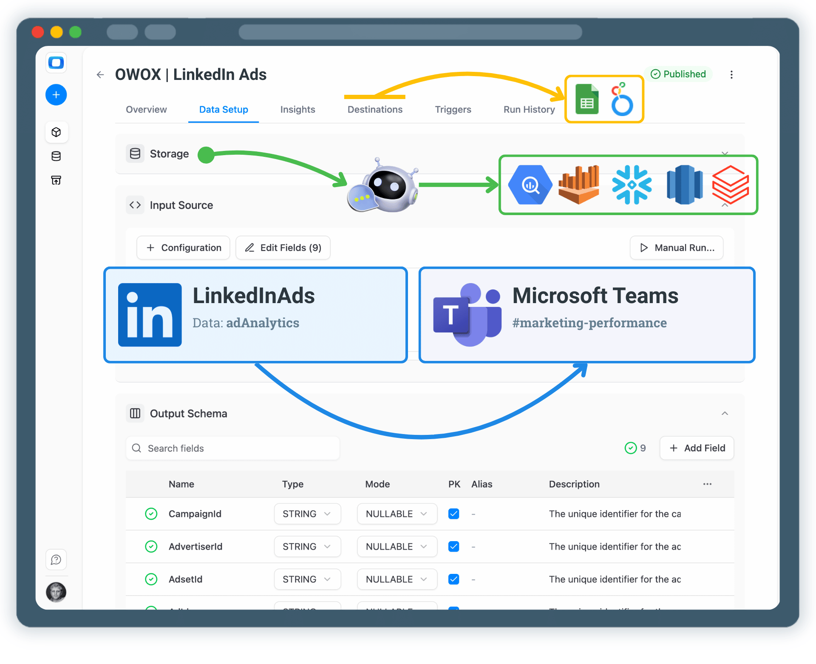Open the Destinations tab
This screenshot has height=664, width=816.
[375, 110]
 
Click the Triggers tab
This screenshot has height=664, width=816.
[453, 110]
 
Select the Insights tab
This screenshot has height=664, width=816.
[297, 110]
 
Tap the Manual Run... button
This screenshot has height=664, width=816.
[677, 248]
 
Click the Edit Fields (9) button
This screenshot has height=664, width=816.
[283, 248]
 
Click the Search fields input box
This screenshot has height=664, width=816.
[233, 448]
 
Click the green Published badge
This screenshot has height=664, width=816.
[679, 74]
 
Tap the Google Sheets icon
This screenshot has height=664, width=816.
[587, 99]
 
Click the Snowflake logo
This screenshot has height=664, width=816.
[632, 185]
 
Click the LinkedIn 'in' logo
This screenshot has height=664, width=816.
[150, 315]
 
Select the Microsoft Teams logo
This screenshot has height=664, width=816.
[467, 315]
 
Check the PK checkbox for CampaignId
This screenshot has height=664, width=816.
[453, 514]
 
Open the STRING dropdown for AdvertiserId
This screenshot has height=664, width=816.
[307, 547]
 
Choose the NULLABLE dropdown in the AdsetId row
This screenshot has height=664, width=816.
[397, 579]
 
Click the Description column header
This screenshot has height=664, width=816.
[574, 484]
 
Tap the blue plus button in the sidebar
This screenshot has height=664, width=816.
[56, 95]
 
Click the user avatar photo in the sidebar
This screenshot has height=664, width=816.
[56, 592]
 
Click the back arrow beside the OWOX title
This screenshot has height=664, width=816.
[100, 75]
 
